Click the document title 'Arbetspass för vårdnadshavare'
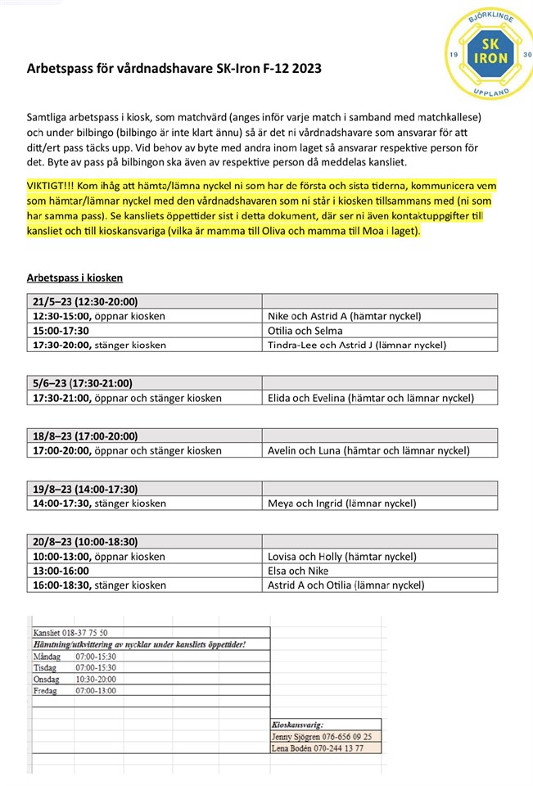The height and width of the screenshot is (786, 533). point(174,70)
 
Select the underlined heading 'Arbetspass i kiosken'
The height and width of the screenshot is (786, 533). point(75,278)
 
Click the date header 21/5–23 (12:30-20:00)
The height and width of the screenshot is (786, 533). point(85,301)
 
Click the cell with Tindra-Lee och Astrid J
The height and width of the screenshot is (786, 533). point(357,345)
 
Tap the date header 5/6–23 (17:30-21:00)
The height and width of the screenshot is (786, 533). point(82,383)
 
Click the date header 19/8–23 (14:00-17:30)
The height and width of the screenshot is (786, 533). point(85,489)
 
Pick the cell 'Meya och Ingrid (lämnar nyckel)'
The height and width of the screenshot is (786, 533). point(342,503)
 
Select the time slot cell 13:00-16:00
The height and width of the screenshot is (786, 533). point(61,571)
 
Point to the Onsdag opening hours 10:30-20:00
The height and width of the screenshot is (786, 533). point(96,680)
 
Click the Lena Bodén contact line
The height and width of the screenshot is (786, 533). point(323,748)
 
